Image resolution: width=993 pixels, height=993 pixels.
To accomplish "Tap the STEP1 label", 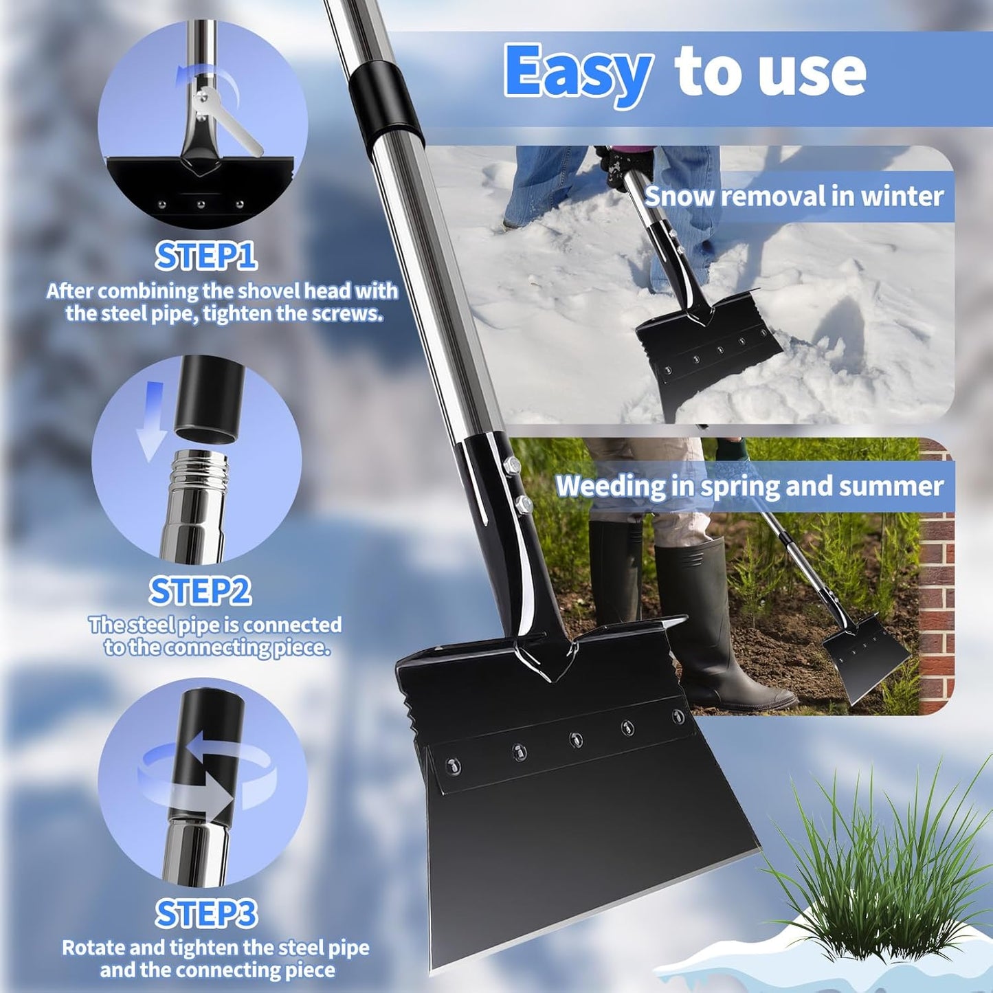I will pyautogui.click(x=206, y=256).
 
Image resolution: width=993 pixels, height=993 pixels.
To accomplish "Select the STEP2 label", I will pyautogui.click(x=200, y=591).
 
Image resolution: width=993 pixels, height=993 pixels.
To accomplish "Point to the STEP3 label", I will pyautogui.click(x=206, y=914).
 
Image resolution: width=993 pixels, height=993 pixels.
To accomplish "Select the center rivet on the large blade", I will pyautogui.click(x=576, y=739).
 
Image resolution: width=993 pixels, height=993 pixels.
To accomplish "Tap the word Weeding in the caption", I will pyautogui.click(x=610, y=487).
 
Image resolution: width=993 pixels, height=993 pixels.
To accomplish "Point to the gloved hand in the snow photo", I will pyautogui.click(x=622, y=165).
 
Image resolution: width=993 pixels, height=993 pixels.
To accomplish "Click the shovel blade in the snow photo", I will pyautogui.click(x=708, y=350).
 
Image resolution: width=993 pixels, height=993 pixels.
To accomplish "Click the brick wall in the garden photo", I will pyautogui.click(x=936, y=618).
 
